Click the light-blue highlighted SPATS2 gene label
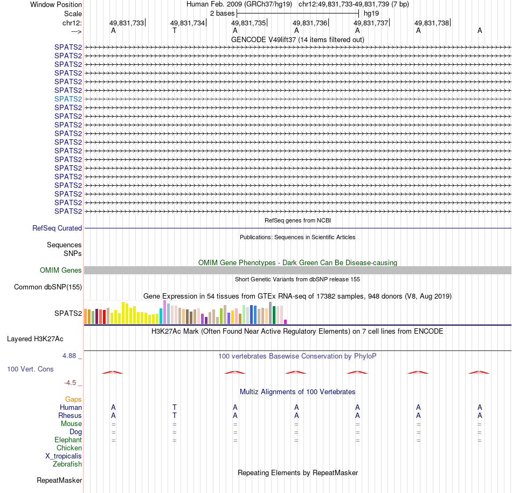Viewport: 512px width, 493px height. [68, 99]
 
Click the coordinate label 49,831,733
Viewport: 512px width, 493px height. [127, 23]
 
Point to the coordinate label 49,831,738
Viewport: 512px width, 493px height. [432, 23]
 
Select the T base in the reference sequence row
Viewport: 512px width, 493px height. [174, 31]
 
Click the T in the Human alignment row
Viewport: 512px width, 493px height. [174, 407]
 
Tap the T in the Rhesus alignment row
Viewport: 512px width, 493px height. [174, 415]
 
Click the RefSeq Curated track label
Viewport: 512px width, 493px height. [57, 228]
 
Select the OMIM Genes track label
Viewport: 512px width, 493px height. [61, 271]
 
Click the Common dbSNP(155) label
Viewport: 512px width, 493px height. [48, 287]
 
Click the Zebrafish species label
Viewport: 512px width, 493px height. [67, 464]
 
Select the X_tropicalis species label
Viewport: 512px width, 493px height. [64, 456]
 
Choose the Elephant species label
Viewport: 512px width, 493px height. [68, 440]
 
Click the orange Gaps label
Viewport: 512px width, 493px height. [73, 399]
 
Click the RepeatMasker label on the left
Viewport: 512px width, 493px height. [59, 480]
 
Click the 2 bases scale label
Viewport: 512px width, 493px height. [222, 13]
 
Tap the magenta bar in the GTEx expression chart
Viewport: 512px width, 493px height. [286, 322]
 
